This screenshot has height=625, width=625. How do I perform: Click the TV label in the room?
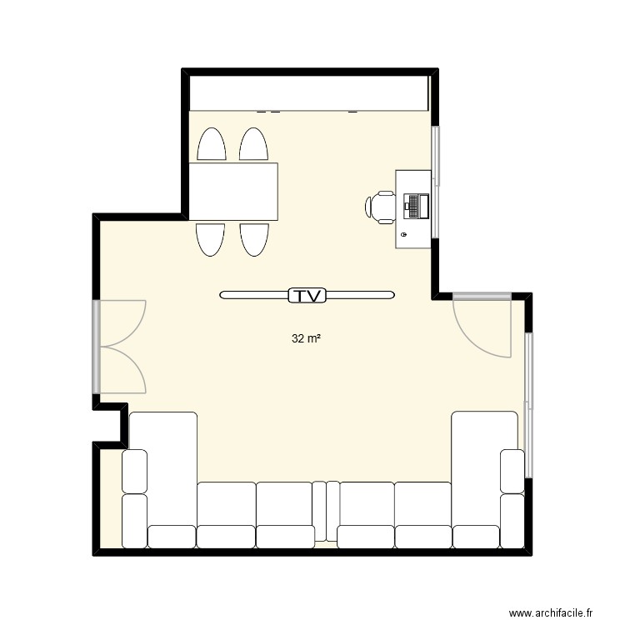pyautogui.click(x=307, y=295)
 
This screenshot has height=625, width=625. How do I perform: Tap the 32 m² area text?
pyautogui.click(x=307, y=339)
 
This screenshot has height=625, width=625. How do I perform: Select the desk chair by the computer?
pyautogui.click(x=381, y=207)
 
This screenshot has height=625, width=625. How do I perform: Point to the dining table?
pyautogui.click(x=233, y=192)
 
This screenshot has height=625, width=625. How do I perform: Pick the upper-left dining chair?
pyautogui.click(x=211, y=145)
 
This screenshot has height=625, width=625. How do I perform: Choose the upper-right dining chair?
pyautogui.click(x=253, y=145)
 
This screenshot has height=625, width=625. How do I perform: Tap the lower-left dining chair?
pyautogui.click(x=210, y=239)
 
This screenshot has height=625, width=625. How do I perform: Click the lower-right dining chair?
pyautogui.click(x=253, y=239)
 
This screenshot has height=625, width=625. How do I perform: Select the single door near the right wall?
pyautogui.click(x=482, y=325)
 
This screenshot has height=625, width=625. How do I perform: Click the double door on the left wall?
pyautogui.click(x=122, y=346)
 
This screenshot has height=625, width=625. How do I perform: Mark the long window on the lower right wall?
pyautogui.click(x=528, y=404)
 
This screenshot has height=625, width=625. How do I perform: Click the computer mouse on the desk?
pyautogui.click(x=404, y=236)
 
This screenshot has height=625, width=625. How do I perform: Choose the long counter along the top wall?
pyautogui.click(x=308, y=92)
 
